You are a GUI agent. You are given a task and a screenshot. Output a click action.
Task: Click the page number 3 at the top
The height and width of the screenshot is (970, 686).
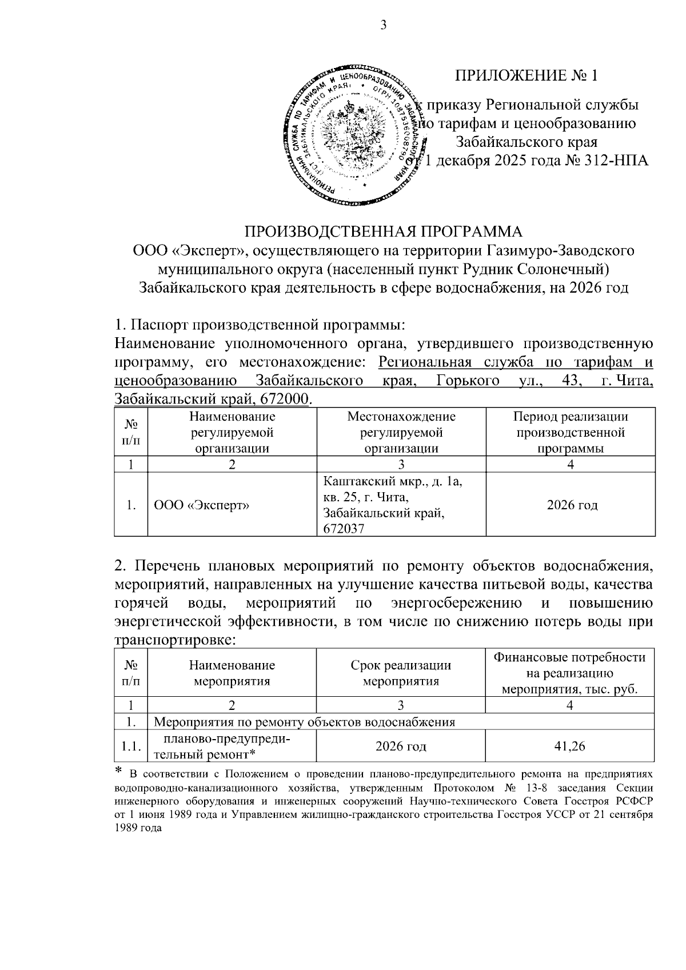[384, 25]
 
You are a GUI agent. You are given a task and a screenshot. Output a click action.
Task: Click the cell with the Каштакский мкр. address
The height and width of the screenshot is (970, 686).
[394, 505]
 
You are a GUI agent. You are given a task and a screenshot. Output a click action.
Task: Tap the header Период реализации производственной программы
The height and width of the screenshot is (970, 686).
[570, 432]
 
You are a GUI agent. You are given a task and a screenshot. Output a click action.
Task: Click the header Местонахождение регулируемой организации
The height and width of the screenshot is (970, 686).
[401, 432]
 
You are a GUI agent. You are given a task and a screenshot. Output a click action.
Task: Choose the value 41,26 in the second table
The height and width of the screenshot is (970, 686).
[569, 747]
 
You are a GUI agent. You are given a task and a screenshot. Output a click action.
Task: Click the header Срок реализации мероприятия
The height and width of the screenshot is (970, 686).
[401, 673]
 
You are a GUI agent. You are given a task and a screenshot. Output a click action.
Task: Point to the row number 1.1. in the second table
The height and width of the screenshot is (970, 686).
[131, 747]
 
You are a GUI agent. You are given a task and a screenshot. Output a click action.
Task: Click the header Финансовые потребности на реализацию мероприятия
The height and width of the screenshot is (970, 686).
[569, 673]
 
